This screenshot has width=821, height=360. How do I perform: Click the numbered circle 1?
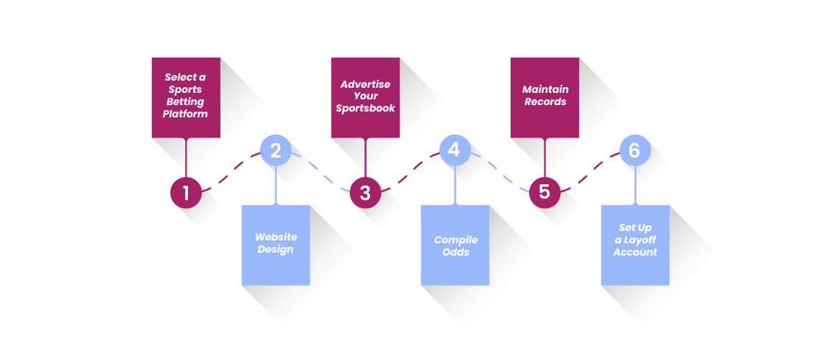point(186,192)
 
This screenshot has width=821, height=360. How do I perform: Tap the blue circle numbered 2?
point(275,150)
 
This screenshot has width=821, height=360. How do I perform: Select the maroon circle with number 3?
point(365,192)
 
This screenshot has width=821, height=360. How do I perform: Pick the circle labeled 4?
point(455,150)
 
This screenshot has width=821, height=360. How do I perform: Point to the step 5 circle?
point(544,192)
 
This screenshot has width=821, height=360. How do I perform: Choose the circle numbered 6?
point(635,150)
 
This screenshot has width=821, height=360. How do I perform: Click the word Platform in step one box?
point(185,114)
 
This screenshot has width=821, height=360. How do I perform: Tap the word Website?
point(276,236)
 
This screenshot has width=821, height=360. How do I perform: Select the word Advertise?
point(365,84)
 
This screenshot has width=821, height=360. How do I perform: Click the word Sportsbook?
point(365,108)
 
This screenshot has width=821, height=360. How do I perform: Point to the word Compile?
point(456,240)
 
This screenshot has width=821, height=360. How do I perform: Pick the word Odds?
point(456,252)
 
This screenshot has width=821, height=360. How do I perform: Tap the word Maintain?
point(545,89)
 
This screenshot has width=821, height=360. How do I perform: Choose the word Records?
point(545,102)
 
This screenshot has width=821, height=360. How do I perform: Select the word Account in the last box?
point(635,252)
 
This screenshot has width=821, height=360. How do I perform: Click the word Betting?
point(185,102)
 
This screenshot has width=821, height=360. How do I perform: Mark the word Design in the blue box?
point(275,250)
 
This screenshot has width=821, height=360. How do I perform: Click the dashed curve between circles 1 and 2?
point(231,171)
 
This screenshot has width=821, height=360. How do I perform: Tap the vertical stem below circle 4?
point(455,186)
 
